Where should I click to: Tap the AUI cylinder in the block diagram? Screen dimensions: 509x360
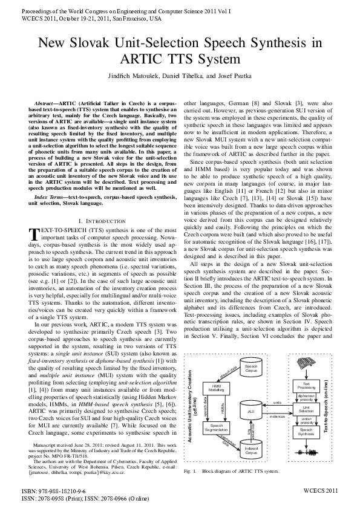coord(251,411)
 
